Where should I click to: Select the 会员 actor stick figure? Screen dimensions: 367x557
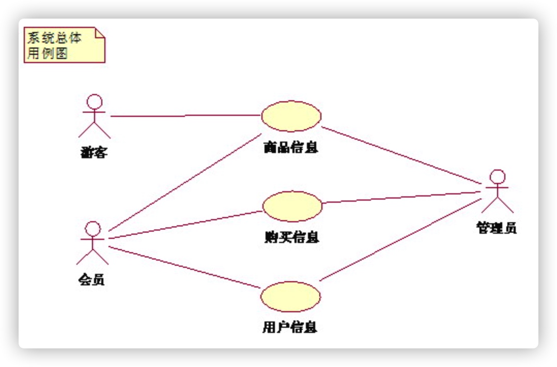click(92, 242)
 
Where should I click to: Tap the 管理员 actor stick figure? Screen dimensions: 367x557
click(497, 191)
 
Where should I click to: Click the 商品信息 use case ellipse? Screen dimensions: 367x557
click(291, 116)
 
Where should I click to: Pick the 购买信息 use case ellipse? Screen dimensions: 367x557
click(292, 206)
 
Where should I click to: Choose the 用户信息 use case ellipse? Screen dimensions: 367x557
click(290, 297)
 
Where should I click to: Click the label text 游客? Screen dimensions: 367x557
click(94, 152)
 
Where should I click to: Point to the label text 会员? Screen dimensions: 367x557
click(92, 280)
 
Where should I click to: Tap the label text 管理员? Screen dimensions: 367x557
click(497, 228)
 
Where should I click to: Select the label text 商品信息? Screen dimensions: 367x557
click(291, 148)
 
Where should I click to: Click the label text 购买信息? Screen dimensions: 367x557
click(292, 237)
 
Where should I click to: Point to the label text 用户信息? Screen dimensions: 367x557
click(290, 328)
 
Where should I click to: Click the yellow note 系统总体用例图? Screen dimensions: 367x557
click(64, 45)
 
